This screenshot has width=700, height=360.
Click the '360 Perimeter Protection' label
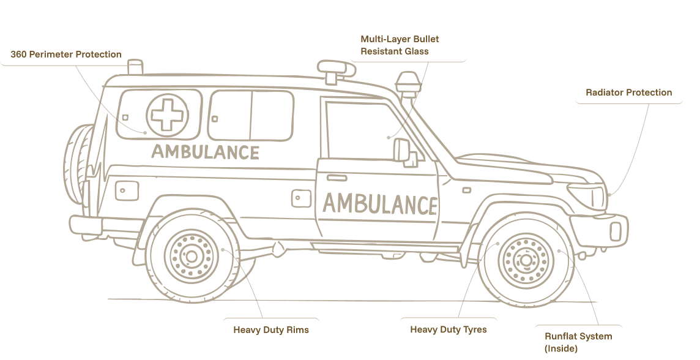[x=66, y=54]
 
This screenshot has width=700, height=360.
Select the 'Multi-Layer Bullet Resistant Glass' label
[x=400, y=45]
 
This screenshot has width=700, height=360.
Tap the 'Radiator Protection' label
[x=628, y=93]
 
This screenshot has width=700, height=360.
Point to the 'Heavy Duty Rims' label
[x=271, y=330]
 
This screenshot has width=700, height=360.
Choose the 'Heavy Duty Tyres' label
[x=449, y=330]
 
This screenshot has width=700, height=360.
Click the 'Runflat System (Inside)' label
[x=578, y=342]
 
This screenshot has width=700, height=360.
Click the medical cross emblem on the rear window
[x=164, y=114]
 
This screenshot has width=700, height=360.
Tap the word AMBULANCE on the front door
[x=380, y=204]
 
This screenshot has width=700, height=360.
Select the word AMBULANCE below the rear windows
[x=205, y=152]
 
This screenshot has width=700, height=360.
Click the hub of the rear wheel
[x=191, y=256]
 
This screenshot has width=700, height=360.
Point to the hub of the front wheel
[x=524, y=260]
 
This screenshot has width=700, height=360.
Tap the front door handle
[x=336, y=178]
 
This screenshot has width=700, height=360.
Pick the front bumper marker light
[x=617, y=230]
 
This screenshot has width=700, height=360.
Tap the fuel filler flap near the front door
[x=300, y=197]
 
